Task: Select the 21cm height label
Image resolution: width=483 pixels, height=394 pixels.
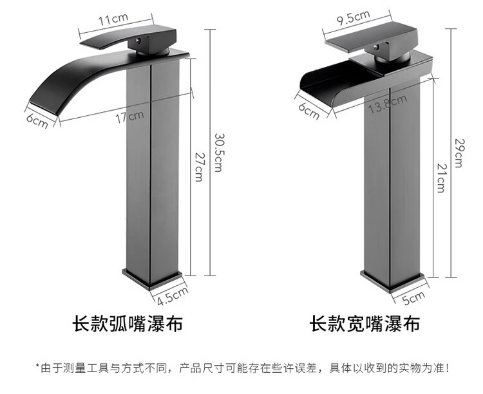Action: pyautogui.click(x=440, y=179)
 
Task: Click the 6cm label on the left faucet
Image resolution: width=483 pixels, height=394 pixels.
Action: pyautogui.click(x=37, y=120)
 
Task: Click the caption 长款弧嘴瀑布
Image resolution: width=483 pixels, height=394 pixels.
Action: pyautogui.click(x=126, y=323)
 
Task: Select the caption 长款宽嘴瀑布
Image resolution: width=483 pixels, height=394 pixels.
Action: pyautogui.click(x=365, y=323)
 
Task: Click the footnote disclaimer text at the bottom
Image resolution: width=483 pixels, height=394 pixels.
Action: pyautogui.click(x=241, y=368)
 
